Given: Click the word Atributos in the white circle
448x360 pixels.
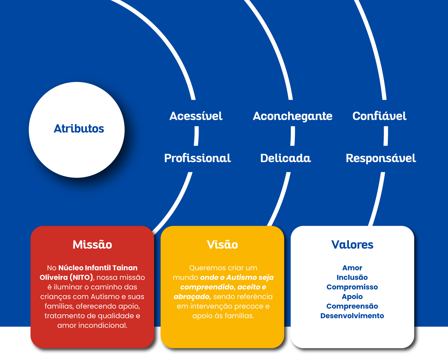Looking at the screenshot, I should click(79, 129).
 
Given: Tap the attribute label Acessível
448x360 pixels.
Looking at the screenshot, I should click(196, 116).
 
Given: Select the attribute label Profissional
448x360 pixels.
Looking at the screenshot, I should click(197, 158).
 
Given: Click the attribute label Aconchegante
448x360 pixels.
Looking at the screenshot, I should click(293, 116).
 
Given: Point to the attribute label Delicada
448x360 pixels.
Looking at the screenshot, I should click(286, 158).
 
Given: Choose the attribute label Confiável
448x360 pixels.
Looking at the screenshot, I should click(379, 116).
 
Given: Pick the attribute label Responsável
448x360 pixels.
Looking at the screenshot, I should click(381, 158).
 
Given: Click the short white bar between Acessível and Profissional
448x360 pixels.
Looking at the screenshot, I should click(196, 136).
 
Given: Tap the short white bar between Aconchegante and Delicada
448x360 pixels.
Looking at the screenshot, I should click(293, 136).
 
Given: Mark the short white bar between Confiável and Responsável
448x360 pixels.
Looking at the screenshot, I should click(386, 136).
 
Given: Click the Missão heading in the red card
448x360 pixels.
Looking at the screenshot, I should click(92, 245).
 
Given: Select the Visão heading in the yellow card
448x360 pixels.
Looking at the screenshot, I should click(223, 245).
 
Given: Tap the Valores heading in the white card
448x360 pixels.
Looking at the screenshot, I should click(352, 245).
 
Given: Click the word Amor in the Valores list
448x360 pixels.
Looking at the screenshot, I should click(352, 268).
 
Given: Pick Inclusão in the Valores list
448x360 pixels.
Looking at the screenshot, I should click(352, 278).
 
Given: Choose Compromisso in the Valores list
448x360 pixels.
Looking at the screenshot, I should click(352, 287).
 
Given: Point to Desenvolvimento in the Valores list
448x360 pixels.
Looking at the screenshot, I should click(352, 316).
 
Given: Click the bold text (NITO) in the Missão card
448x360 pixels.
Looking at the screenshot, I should click(82, 278).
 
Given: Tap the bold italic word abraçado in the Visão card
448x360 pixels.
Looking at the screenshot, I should click(192, 297).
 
